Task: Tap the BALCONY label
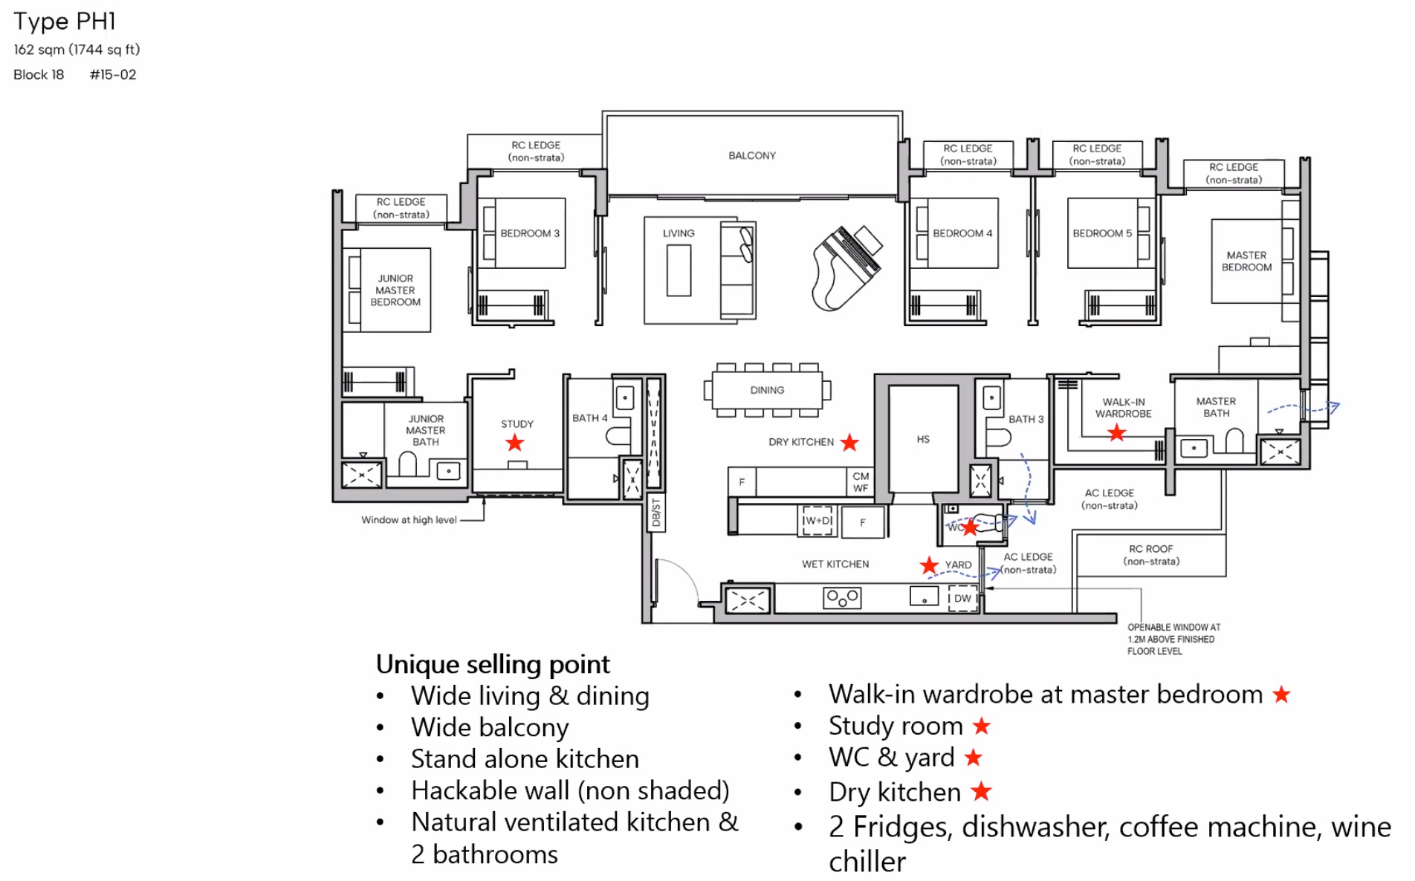[751, 155]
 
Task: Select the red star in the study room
[514, 443]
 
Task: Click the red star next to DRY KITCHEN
[849, 443]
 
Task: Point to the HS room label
[923, 439]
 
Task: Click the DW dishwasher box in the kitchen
[962, 598]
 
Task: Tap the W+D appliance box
[817, 521]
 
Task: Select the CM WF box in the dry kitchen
[861, 482]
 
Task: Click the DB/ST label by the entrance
[655, 513]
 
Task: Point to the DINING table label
[767, 390]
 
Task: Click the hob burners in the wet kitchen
[842, 598]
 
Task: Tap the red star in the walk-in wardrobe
[1116, 433]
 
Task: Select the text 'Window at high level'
[409, 520]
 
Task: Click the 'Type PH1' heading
[65, 22]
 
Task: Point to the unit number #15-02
[113, 74]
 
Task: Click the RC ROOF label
[1150, 555]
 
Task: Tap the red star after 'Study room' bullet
[982, 726]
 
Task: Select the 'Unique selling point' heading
[492, 663]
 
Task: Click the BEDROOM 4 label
[962, 233]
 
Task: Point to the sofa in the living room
[737, 270]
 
